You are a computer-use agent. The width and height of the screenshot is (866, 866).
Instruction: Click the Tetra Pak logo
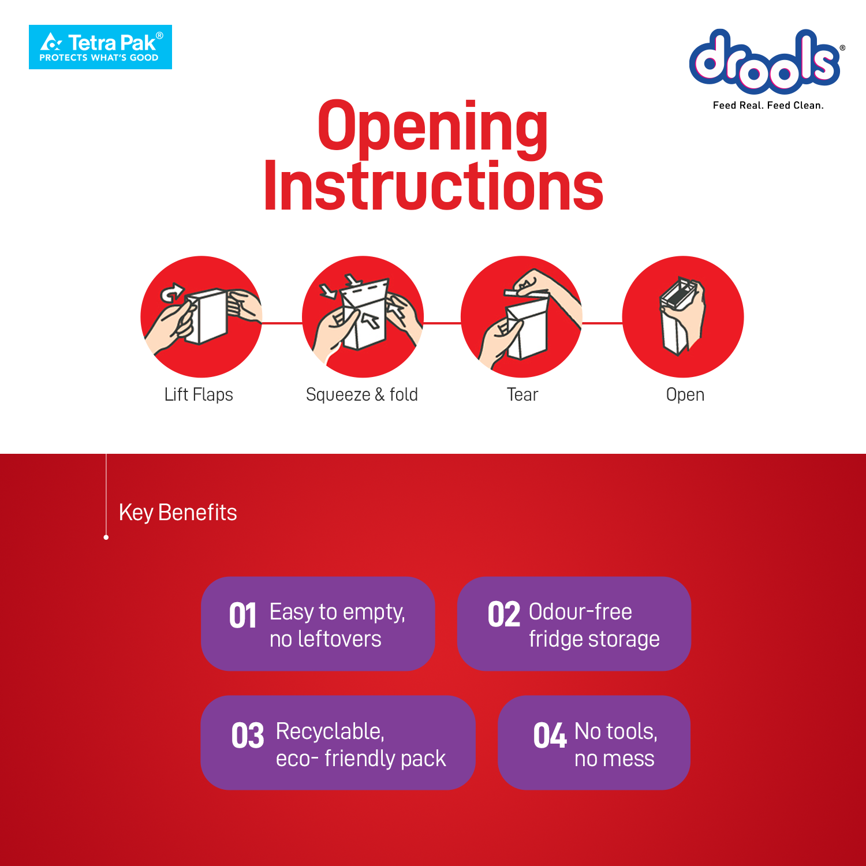pos(100,47)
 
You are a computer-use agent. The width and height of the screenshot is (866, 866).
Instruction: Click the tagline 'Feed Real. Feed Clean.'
pos(768,105)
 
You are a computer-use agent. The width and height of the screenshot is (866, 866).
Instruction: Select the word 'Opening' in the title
pos(432,128)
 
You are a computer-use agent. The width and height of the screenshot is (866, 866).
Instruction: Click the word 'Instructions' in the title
pos(434,186)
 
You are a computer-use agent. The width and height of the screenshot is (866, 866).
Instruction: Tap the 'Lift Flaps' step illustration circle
pos(201,316)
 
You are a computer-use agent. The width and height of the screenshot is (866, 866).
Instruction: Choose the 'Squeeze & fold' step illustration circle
pos(363,316)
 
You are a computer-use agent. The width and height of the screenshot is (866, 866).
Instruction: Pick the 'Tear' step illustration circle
pos(521,316)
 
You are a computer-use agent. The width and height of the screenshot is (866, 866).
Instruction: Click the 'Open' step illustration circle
pos(683,316)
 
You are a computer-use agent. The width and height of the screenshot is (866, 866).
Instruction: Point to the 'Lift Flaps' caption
pos(199,395)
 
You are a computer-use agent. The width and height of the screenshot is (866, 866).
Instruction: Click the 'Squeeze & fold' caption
pos(362,395)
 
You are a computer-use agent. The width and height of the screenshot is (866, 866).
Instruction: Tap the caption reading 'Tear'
pos(522,395)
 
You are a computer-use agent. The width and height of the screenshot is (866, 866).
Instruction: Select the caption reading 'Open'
pos(685,395)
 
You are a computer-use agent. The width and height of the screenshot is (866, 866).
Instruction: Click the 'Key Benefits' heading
pos(178,513)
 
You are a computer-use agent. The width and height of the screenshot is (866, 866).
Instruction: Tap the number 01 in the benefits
pos(242,615)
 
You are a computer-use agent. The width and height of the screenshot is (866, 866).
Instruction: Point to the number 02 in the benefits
pos(503,615)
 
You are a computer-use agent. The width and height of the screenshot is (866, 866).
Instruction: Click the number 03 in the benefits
pos(248,736)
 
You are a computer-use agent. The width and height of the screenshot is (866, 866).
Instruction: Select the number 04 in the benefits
pos(550,736)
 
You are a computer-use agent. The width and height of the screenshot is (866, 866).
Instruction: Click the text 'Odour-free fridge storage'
pos(594,626)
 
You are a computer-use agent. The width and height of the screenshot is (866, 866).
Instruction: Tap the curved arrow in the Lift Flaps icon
pos(172,293)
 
